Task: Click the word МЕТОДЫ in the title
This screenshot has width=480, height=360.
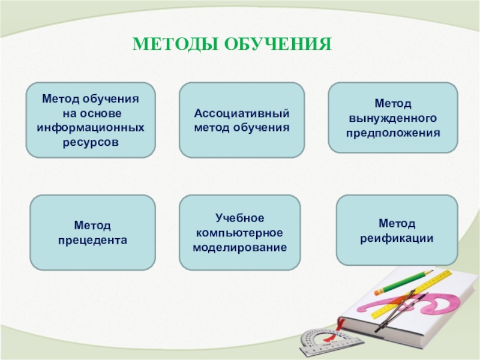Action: [x=175, y=44]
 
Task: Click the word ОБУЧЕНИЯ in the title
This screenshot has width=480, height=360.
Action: [x=278, y=44]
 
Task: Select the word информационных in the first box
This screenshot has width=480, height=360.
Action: [x=91, y=127]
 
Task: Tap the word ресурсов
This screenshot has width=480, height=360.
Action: [x=91, y=142]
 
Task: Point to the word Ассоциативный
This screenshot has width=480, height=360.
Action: [x=242, y=113]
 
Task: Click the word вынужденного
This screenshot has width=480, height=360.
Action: [x=393, y=118]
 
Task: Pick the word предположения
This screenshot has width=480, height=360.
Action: [x=393, y=133]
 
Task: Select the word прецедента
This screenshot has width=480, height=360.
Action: [x=92, y=241]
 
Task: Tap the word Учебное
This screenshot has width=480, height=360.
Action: [x=239, y=218]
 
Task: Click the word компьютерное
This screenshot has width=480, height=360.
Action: [x=239, y=233]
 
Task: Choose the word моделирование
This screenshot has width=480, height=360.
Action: [x=239, y=247]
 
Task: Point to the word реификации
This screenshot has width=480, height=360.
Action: [x=397, y=238]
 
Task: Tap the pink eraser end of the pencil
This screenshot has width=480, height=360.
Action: [x=379, y=291]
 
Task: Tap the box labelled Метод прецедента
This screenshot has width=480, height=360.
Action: [x=93, y=233]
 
